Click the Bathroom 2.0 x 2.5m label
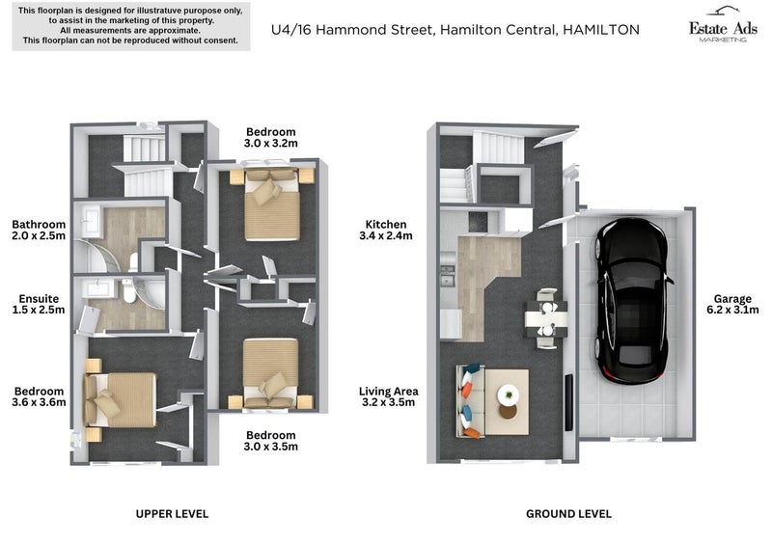coord(39,230)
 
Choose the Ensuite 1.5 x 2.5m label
coord(39,304)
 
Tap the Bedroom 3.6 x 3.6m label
coord(39,397)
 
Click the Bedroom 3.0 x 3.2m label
coord(271,137)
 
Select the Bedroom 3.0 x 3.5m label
coord(271,441)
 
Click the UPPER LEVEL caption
coord(172,514)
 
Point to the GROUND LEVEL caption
coord(568,514)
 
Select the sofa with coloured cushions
coord(469,397)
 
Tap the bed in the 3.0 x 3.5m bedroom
coord(271,371)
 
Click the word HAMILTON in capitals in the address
coord(600,30)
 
